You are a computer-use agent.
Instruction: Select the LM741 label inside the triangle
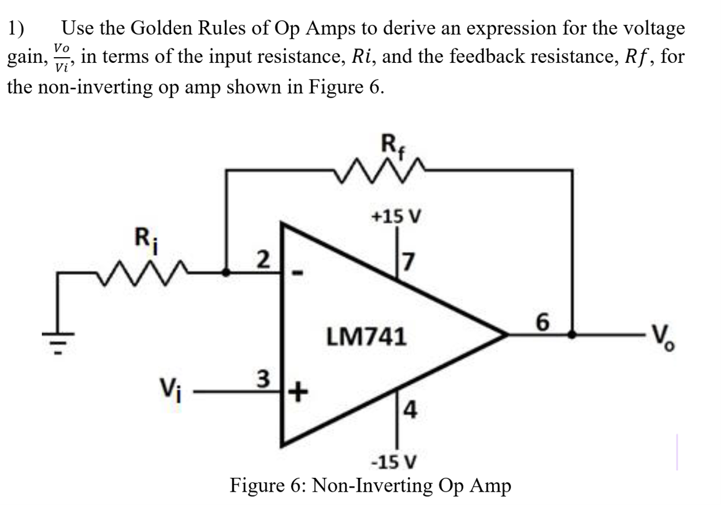coord(366,336)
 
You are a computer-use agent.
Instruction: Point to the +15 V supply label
coord(396,217)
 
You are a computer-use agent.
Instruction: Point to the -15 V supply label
coord(396,462)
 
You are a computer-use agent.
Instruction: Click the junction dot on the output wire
coord(572,334)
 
